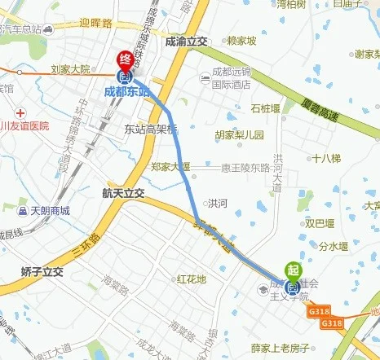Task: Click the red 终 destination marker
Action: [125, 59]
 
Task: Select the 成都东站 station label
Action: [127, 91]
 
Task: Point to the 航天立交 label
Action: [123, 194]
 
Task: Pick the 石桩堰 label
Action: [267, 108]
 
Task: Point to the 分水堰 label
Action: [334, 245]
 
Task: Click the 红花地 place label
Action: [192, 279]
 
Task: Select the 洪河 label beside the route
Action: [218, 204]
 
